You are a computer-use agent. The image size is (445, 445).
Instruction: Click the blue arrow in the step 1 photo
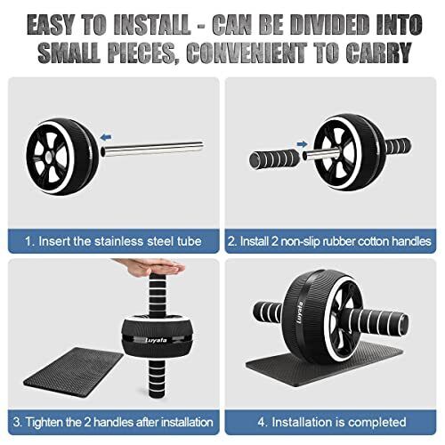pos(109,138)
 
